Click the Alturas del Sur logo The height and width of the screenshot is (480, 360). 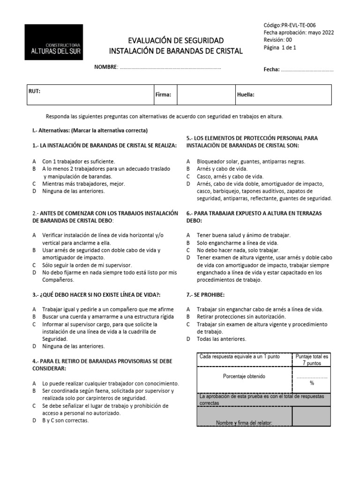(x=54, y=42)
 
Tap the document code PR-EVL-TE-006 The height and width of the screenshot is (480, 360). (x=292, y=25)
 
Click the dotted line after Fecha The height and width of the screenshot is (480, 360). (x=307, y=70)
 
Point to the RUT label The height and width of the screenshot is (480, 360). (x=35, y=91)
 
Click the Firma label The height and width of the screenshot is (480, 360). (x=163, y=95)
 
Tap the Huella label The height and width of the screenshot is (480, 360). (x=246, y=95)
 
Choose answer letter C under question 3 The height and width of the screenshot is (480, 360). (x=34, y=324)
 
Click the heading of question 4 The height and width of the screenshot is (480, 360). (x=105, y=365)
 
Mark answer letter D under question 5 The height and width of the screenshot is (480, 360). (x=188, y=184)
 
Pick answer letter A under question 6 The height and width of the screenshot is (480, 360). (x=188, y=235)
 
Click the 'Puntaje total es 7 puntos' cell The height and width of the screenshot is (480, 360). (x=312, y=360)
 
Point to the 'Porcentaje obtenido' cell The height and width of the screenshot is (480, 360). (x=244, y=376)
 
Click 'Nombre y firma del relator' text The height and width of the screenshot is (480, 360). (x=244, y=423)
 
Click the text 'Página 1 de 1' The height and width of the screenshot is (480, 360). (x=280, y=47)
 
